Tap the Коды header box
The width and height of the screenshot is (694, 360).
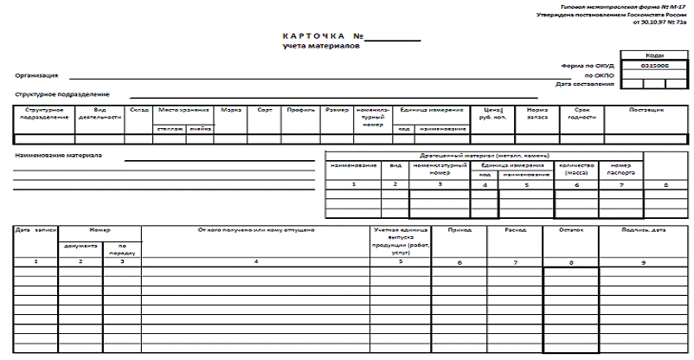pos(655,55)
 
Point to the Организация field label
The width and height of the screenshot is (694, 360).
pos(35,75)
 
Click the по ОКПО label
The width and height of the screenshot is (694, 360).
pos(601,75)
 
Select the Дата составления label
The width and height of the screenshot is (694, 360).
pos(585,84)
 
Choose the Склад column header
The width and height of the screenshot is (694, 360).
pos(138,110)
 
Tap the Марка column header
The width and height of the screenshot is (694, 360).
pos(231,110)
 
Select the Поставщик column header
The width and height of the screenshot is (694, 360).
pos(646,110)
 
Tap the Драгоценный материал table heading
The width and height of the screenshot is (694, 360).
pos(484,154)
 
